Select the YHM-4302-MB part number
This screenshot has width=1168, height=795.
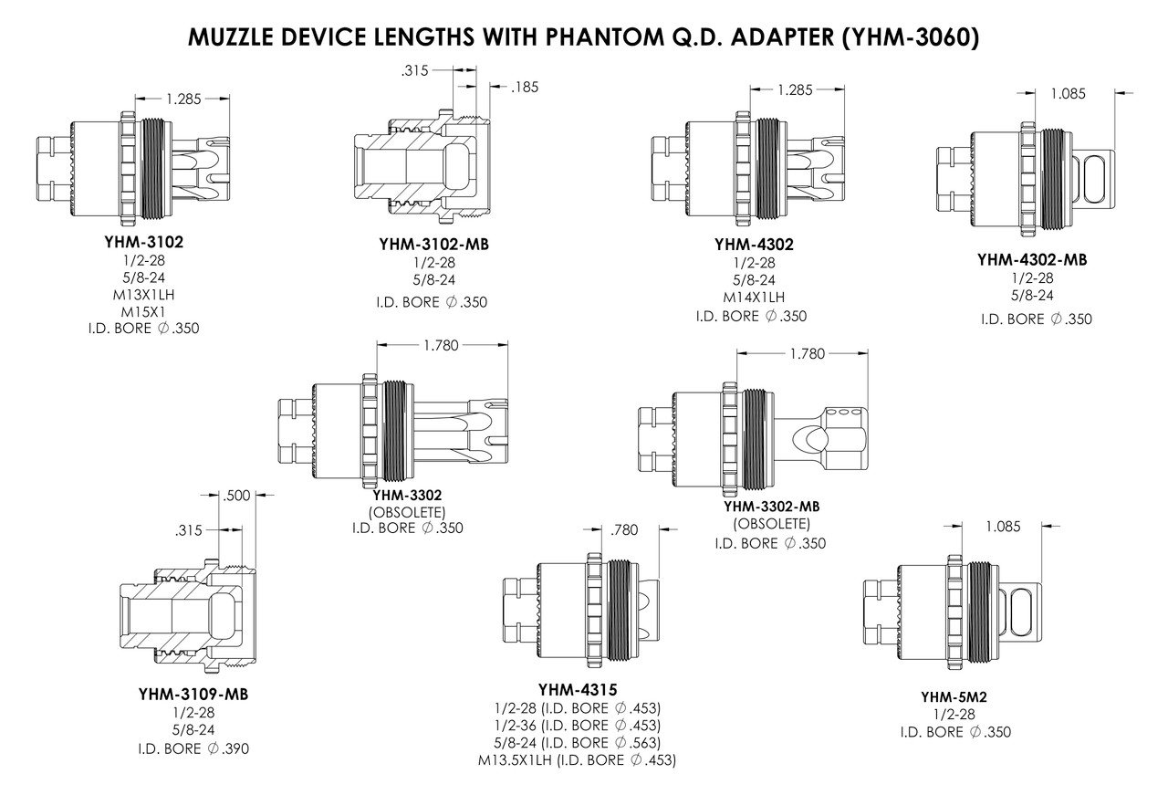tap(1032, 259)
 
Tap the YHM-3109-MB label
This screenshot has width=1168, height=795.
tap(193, 695)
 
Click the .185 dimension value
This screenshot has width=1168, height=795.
tap(527, 88)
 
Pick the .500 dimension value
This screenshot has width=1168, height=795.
tap(236, 497)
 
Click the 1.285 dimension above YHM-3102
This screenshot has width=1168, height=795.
tap(183, 99)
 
